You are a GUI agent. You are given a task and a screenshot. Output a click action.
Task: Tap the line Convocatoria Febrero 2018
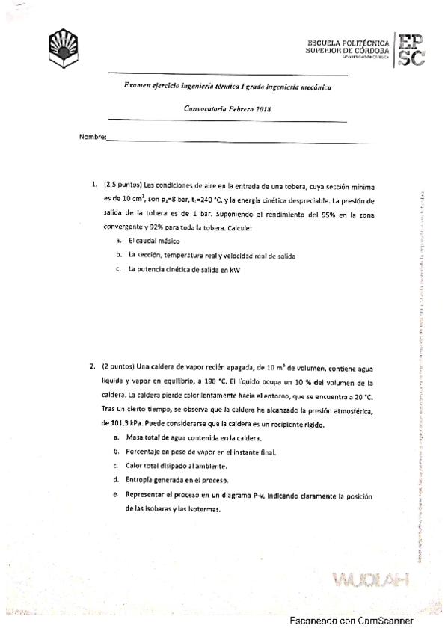pos(227,109)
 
